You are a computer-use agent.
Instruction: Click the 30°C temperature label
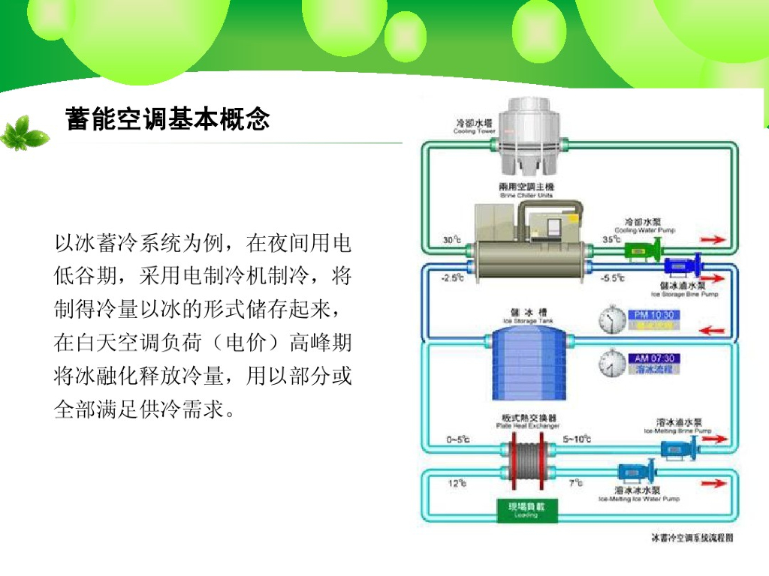point(452,240)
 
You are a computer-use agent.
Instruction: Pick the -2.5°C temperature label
point(451,277)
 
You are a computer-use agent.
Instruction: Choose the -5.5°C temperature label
point(613,277)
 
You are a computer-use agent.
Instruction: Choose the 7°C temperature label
point(576,484)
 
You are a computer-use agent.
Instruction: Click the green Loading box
point(526,510)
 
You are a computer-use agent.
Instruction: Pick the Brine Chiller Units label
point(526,190)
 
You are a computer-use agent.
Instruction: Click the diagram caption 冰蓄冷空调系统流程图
point(692,538)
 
